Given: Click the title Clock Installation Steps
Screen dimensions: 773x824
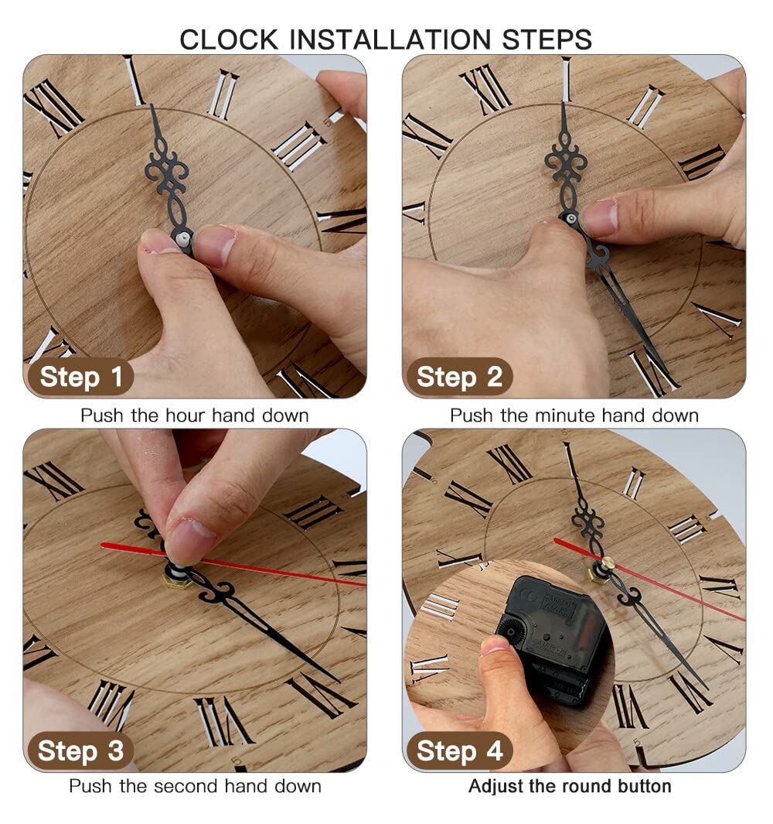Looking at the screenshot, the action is [x=386, y=39].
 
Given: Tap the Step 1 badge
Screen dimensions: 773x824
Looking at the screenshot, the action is [x=80, y=377].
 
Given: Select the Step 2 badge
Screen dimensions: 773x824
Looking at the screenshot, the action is [x=459, y=377].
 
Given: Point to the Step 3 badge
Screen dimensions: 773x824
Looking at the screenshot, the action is [x=80, y=750].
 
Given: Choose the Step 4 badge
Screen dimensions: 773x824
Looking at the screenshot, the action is [x=459, y=750].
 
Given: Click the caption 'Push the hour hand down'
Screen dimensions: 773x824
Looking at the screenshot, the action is [x=194, y=415].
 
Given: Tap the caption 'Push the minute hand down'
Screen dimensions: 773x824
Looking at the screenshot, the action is [x=574, y=415].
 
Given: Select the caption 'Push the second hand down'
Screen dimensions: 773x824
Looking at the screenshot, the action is [x=195, y=786].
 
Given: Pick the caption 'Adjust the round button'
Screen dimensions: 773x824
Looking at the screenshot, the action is [x=570, y=786].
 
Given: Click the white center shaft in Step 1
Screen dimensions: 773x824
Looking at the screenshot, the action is [x=182, y=240].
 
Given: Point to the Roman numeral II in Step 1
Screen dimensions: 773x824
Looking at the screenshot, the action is [x=223, y=94].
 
